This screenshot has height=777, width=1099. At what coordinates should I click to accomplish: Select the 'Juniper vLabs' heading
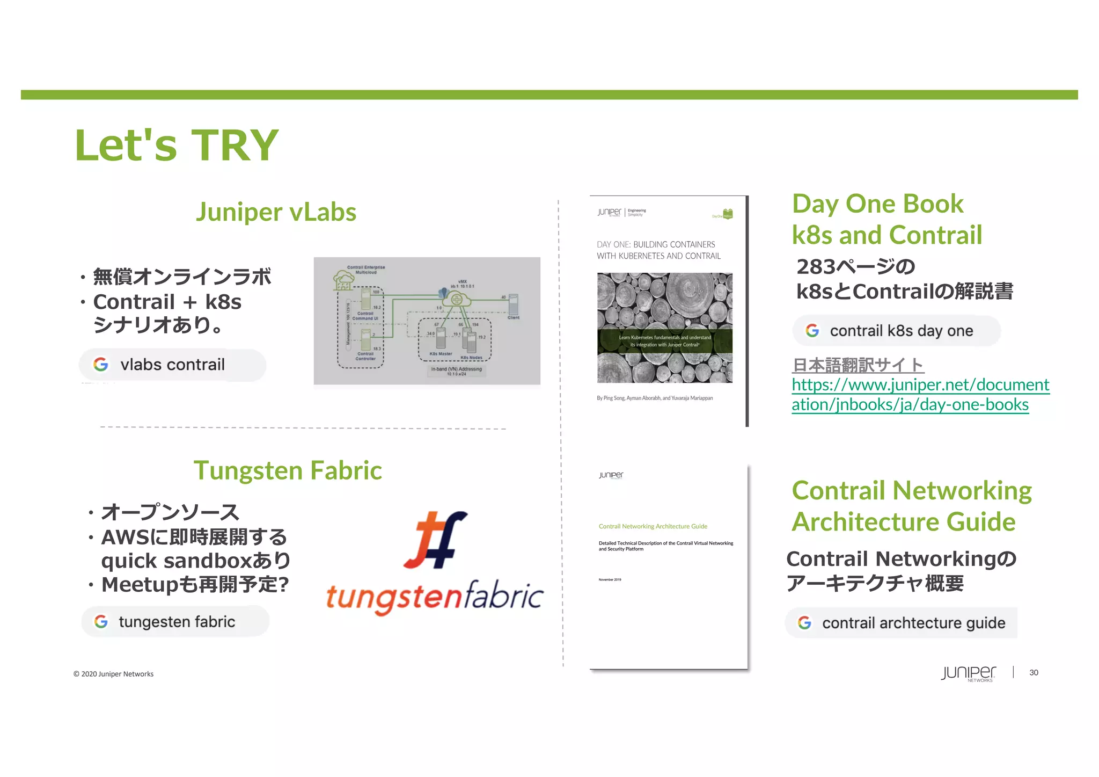(x=276, y=212)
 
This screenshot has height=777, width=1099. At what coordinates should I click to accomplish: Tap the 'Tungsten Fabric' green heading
(x=288, y=470)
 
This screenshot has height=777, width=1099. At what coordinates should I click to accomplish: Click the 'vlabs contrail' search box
(x=172, y=365)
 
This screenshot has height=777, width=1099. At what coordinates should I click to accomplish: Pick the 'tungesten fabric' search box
(x=175, y=622)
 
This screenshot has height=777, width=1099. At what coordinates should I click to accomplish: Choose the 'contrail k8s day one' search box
(x=896, y=331)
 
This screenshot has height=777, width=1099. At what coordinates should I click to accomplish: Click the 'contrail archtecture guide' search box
(x=901, y=623)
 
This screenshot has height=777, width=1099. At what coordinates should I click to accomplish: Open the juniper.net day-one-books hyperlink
(x=920, y=395)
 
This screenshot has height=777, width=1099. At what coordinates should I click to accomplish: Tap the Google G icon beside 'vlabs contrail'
(x=101, y=365)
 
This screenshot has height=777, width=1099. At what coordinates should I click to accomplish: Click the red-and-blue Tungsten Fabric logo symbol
(x=435, y=539)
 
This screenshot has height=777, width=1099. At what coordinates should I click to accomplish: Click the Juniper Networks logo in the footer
(x=968, y=673)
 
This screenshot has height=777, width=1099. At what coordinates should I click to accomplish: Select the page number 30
(x=1034, y=673)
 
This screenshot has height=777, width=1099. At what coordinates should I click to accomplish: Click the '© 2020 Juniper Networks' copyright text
(x=113, y=674)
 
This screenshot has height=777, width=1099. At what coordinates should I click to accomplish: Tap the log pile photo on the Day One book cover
(x=664, y=328)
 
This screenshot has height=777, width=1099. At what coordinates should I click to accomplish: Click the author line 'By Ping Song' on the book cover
(x=655, y=398)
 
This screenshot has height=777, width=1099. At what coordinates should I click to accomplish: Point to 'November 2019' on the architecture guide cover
(x=610, y=580)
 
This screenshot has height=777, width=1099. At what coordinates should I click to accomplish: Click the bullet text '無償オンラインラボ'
(x=182, y=277)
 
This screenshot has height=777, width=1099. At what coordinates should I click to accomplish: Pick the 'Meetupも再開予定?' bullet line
(x=195, y=585)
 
